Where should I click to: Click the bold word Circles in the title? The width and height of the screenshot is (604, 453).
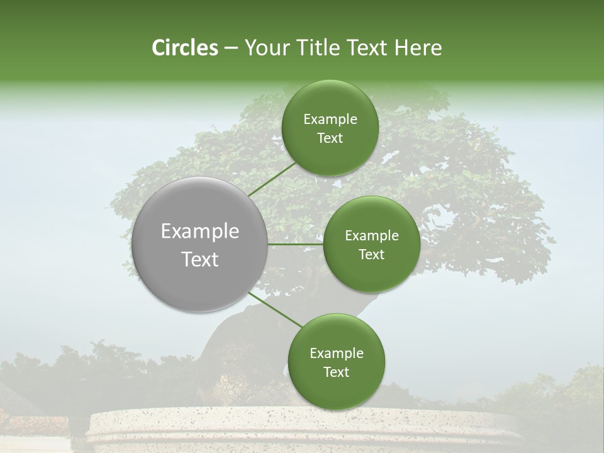pyautogui.click(x=184, y=48)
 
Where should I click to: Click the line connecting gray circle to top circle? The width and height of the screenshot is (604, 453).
pyautogui.click(x=272, y=179)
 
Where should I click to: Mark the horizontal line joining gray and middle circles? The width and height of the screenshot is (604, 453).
pyautogui.click(x=296, y=244)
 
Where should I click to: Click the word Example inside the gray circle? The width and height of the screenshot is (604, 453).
pyautogui.click(x=200, y=232)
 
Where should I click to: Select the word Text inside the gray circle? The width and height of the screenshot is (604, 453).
pyautogui.click(x=200, y=259)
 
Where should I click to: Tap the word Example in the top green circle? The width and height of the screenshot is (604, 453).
pyautogui.click(x=330, y=119)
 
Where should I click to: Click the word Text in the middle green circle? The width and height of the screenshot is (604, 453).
pyautogui.click(x=371, y=254)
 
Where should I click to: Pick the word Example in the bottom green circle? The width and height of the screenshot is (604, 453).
pyautogui.click(x=337, y=353)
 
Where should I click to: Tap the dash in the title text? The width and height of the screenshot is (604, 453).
pyautogui.click(x=230, y=48)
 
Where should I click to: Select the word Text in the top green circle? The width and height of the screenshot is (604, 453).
pyautogui.click(x=330, y=138)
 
